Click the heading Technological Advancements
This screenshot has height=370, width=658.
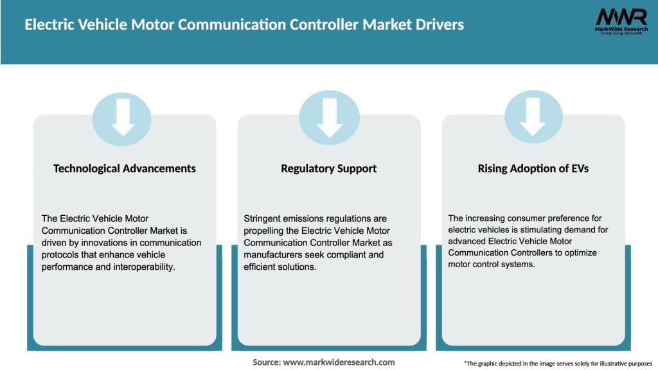point(125,168)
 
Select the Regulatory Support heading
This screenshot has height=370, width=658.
point(329,168)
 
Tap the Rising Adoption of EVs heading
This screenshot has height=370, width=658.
point(533,168)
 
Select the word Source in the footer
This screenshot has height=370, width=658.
point(266,362)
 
